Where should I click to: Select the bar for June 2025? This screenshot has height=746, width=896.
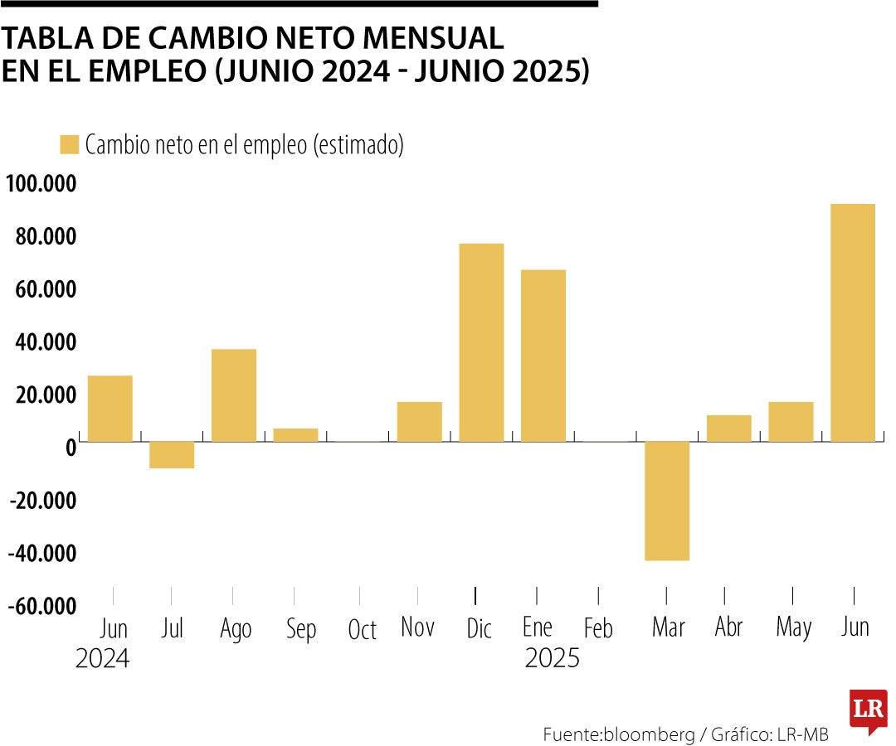[x=852, y=322]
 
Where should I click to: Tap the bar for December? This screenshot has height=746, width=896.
[x=481, y=342]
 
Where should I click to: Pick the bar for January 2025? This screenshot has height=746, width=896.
[x=543, y=356]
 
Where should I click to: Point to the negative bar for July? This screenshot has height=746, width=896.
[x=172, y=455]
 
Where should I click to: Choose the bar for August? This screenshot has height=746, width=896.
[x=234, y=395]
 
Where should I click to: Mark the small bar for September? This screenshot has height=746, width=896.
[x=295, y=435]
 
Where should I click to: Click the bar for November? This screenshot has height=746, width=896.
[x=419, y=422]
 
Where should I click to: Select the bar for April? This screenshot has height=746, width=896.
[x=728, y=429]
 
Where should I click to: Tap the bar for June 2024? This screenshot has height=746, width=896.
[x=110, y=409]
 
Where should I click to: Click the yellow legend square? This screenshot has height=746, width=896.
[x=69, y=144]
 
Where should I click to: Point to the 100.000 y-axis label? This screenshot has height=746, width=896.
[x=41, y=184]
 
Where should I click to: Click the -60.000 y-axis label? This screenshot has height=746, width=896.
[x=41, y=607]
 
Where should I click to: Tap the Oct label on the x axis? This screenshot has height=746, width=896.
[x=363, y=630]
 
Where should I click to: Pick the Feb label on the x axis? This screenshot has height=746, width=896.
[x=597, y=628]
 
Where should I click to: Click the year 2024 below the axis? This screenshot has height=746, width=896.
[x=102, y=659]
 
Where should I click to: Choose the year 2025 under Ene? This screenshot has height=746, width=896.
[x=552, y=659]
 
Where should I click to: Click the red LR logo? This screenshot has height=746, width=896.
[x=868, y=710]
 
